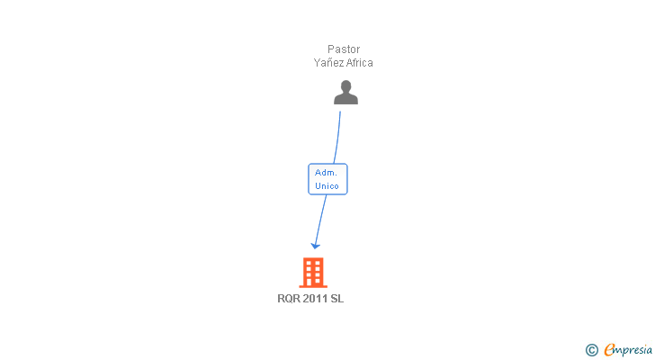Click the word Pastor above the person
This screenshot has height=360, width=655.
(x=343, y=49)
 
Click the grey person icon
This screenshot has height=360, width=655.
(x=345, y=93)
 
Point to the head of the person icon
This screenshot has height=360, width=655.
(x=345, y=86)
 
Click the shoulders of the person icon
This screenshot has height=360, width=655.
(x=345, y=99)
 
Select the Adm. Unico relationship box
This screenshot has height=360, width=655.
(x=327, y=179)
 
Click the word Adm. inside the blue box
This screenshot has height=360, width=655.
(x=327, y=172)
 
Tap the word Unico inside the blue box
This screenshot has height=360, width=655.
(x=327, y=186)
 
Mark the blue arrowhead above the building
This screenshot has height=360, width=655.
(x=315, y=245)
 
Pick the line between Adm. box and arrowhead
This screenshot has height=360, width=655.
(x=320, y=220)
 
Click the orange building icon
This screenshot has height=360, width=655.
(x=313, y=272)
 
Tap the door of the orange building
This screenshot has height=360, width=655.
(x=313, y=282)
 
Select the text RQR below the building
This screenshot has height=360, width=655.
(x=289, y=300)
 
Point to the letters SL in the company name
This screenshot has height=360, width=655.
(x=337, y=300)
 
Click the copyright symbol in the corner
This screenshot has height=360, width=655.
(x=591, y=350)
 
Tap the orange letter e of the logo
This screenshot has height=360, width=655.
(x=609, y=350)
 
